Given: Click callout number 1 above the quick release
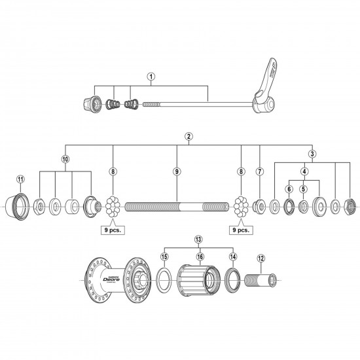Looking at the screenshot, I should point(151,76).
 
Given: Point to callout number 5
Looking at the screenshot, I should point(303,189).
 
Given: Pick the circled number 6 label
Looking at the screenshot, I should point(288,189).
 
